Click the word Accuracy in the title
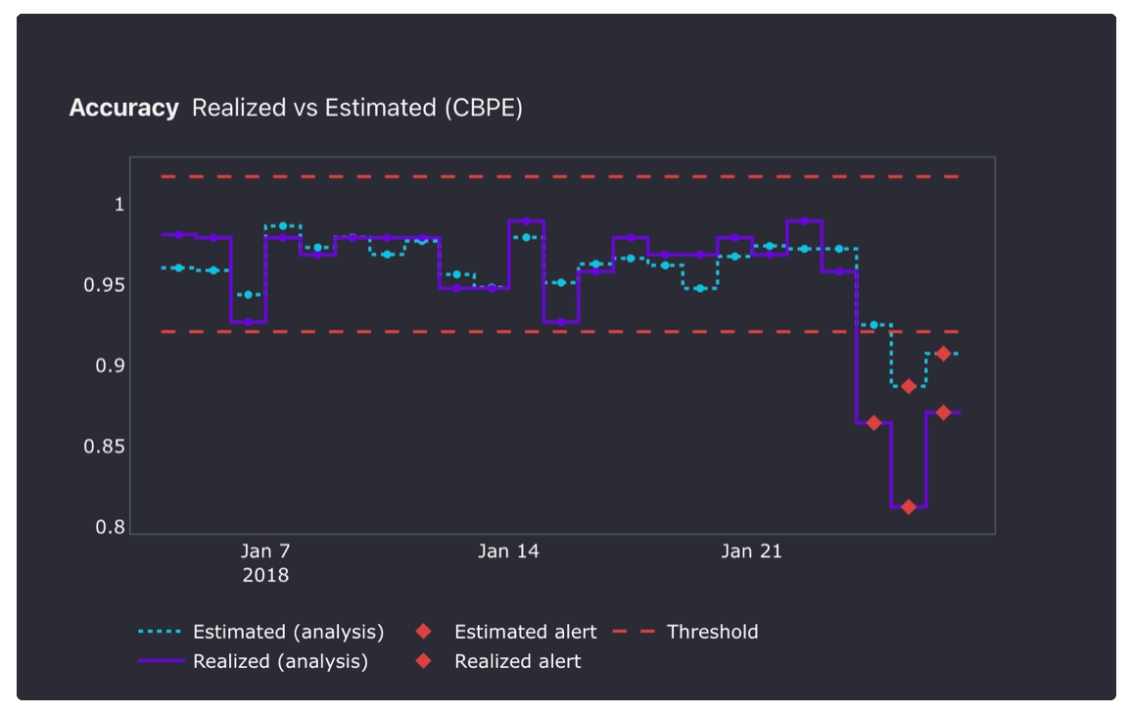[123, 108]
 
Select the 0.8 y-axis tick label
[111, 528]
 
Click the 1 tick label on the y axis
[119, 205]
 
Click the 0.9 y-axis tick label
[111, 366]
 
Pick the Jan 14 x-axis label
[508, 551]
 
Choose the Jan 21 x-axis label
[751, 551]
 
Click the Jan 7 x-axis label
[265, 551]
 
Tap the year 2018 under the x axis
[265, 575]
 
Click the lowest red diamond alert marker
[909, 507]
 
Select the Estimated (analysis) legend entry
[288, 632]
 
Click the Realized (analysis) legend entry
[280, 661]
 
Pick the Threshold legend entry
[712, 632]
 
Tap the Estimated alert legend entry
[525, 632]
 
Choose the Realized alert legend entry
[517, 661]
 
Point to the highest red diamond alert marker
[943, 354]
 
